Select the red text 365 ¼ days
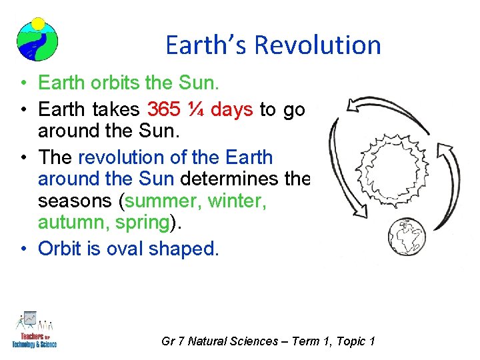point(199,109)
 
